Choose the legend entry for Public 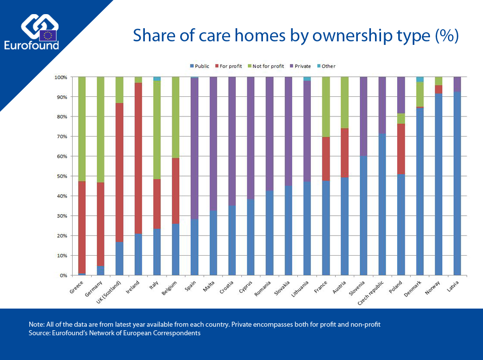200,66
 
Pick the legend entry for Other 328,66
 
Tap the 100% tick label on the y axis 61,77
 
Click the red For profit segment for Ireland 138,158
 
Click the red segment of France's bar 327,159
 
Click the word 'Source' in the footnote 40,333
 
